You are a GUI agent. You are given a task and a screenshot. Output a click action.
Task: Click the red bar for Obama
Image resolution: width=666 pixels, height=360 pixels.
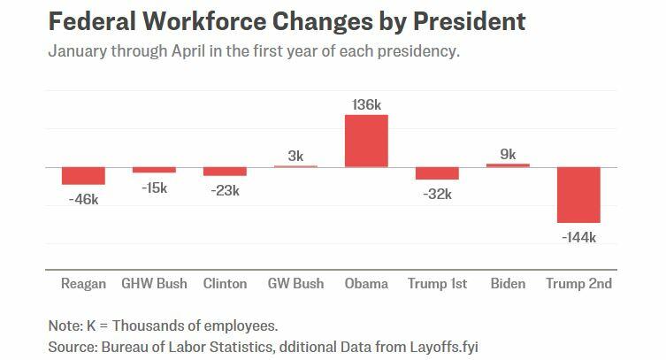point(366,141)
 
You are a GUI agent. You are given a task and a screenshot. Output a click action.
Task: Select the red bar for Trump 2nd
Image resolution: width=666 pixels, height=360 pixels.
point(578,195)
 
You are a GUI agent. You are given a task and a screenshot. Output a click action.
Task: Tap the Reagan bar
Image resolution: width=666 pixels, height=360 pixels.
point(83,175)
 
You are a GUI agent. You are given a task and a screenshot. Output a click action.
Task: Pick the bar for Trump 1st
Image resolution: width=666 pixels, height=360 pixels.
point(437,172)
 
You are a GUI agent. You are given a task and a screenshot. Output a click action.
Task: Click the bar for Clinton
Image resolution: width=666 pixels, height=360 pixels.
point(225,171)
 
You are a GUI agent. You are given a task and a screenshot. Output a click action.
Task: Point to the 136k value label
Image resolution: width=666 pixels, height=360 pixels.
point(366,105)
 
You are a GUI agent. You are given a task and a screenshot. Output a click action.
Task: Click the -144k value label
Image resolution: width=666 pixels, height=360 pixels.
point(578,237)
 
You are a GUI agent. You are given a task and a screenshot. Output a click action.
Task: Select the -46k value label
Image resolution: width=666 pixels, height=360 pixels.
point(83,199)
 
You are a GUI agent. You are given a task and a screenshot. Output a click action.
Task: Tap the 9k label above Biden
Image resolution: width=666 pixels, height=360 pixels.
point(508,154)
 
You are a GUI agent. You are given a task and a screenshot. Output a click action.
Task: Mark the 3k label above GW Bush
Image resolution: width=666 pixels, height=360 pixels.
point(295,157)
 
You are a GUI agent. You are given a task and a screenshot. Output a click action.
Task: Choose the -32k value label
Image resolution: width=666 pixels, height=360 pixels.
point(437,194)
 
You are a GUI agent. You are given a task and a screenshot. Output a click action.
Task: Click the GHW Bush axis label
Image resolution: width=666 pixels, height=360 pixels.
point(154,284)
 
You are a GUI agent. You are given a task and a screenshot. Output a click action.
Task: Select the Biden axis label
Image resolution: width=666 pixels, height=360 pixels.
point(508,284)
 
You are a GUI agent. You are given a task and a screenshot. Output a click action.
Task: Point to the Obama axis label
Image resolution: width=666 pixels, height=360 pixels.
point(366,284)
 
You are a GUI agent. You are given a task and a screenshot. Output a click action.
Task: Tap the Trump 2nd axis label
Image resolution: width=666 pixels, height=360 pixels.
point(578,284)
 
